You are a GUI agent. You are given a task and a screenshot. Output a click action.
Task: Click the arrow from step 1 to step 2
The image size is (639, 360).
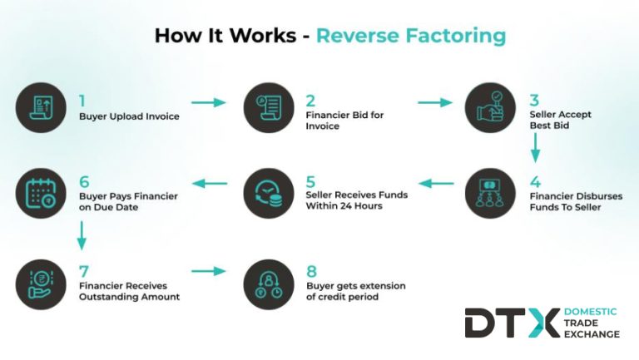(x=208, y=102)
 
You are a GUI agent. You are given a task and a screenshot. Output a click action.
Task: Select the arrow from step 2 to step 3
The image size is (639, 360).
(x=434, y=102)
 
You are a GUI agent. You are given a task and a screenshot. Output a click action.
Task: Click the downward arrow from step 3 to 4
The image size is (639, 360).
(x=536, y=146)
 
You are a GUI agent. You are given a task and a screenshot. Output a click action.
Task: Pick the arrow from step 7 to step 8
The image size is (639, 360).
(x=208, y=271)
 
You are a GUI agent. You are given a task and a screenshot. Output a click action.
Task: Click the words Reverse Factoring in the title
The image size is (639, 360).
(x=410, y=36)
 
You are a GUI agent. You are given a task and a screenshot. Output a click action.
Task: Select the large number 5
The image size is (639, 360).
(x=310, y=180)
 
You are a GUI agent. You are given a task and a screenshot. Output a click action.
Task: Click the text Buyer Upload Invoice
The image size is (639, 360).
(x=129, y=116)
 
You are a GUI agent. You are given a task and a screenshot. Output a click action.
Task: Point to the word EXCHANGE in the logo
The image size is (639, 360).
(x=591, y=334)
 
